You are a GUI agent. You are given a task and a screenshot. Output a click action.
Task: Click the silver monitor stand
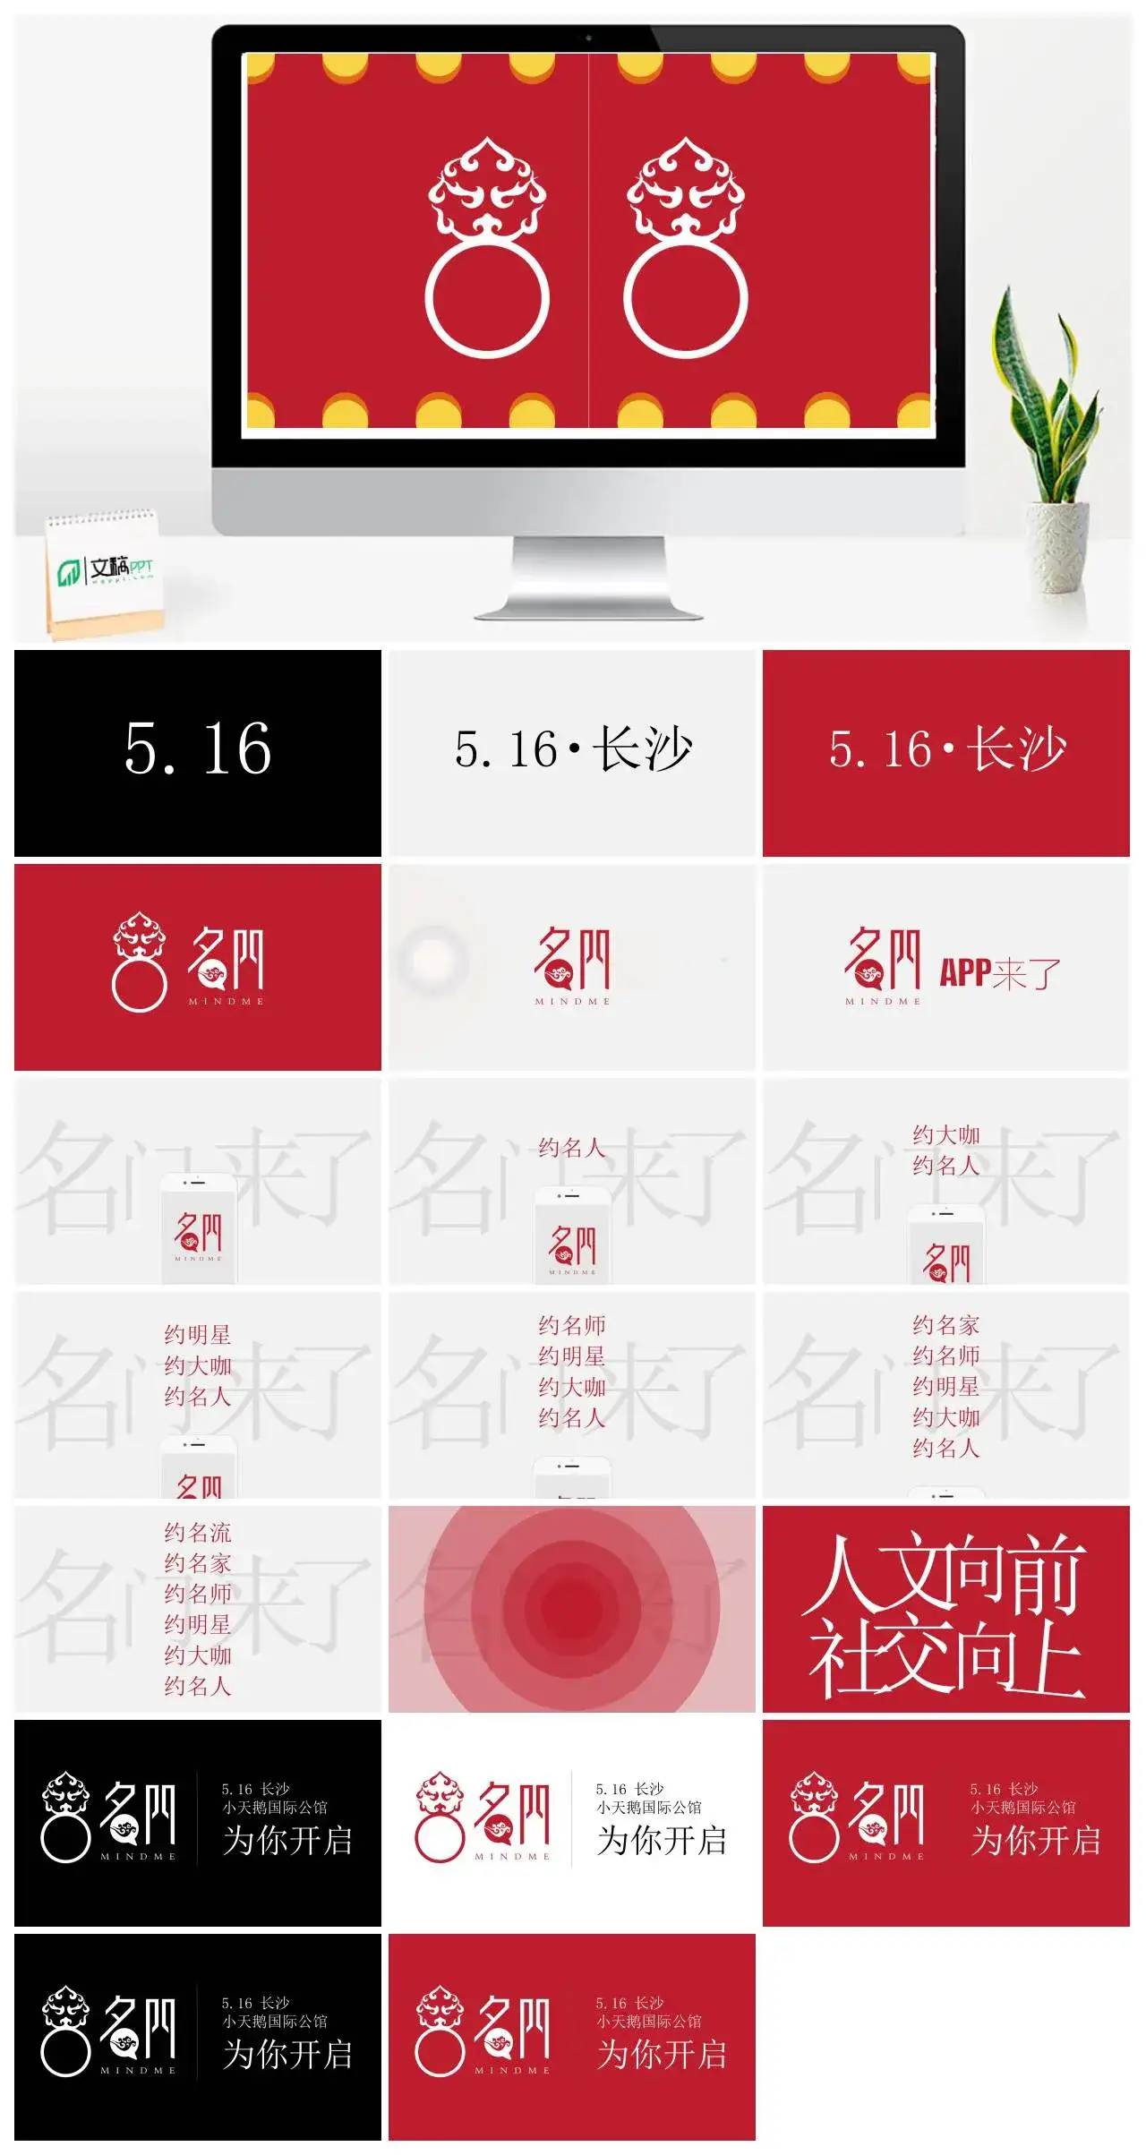click(x=588, y=578)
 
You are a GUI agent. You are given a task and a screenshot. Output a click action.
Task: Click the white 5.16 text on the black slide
click(x=198, y=749)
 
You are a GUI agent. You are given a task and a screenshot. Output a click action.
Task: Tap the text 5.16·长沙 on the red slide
click(x=947, y=749)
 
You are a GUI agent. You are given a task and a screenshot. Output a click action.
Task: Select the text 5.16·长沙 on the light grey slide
click(x=573, y=749)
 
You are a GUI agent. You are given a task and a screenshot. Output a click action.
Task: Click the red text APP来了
click(x=999, y=972)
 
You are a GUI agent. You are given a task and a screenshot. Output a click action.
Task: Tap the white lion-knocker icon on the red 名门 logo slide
click(x=140, y=962)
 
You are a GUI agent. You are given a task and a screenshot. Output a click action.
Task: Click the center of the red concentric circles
click(x=571, y=1607)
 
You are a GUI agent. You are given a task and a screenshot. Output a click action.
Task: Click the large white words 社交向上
click(x=945, y=1656)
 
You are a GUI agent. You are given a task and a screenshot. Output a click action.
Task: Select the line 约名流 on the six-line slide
click(x=198, y=1533)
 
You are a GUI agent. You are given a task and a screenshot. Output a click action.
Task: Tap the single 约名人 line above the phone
click(x=572, y=1148)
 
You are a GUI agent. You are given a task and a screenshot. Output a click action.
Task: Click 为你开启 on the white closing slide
click(x=662, y=1841)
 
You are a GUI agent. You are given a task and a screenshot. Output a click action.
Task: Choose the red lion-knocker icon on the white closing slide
click(x=440, y=1817)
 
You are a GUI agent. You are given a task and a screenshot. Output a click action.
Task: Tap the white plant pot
click(x=1057, y=545)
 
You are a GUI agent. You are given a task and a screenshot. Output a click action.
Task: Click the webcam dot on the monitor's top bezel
click(x=588, y=38)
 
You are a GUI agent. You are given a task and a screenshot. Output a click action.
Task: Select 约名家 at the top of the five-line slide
click(x=946, y=1325)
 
